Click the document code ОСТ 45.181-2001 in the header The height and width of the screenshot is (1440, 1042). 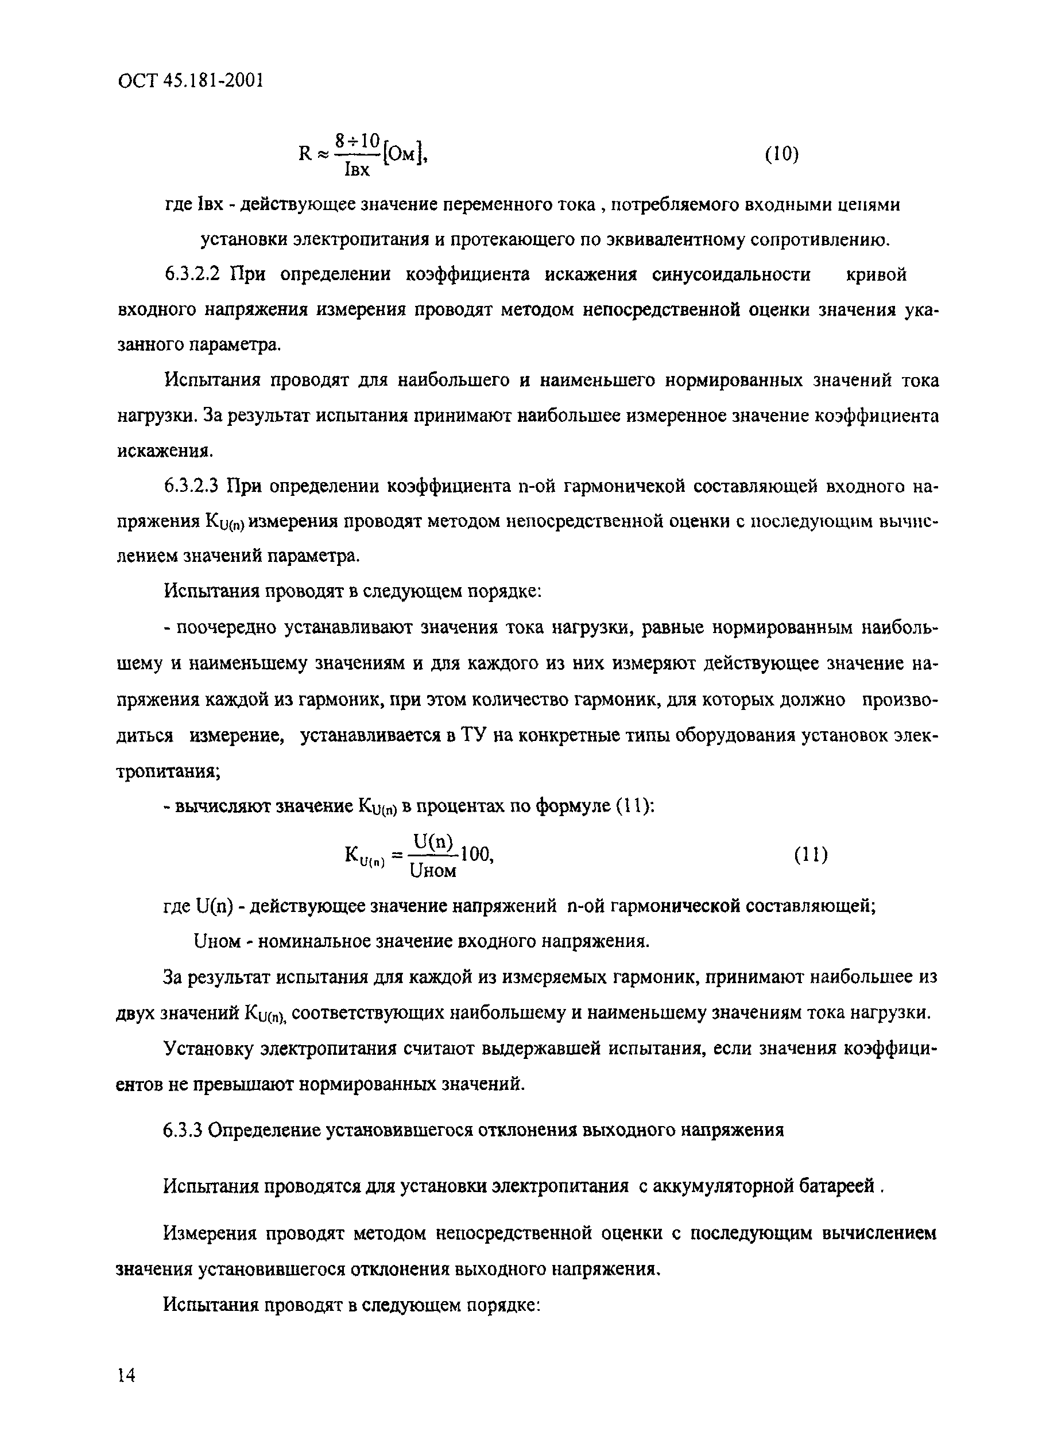[x=190, y=80]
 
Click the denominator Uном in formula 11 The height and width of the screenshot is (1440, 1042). [x=433, y=871]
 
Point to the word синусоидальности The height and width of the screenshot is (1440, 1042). [x=731, y=275]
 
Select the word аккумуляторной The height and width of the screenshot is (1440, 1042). [x=729, y=1186]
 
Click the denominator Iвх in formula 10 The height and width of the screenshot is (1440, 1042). [x=356, y=169]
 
